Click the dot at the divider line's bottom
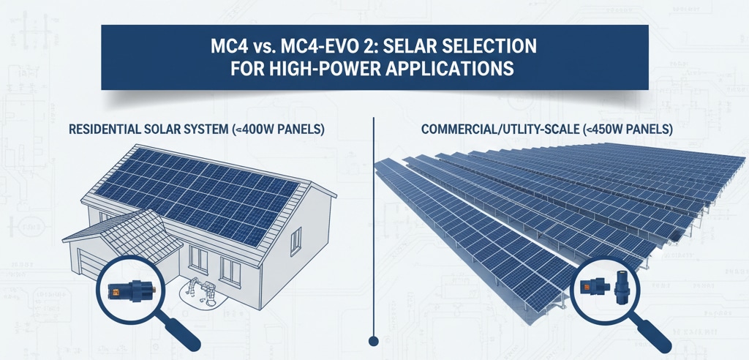tap(374, 340)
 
